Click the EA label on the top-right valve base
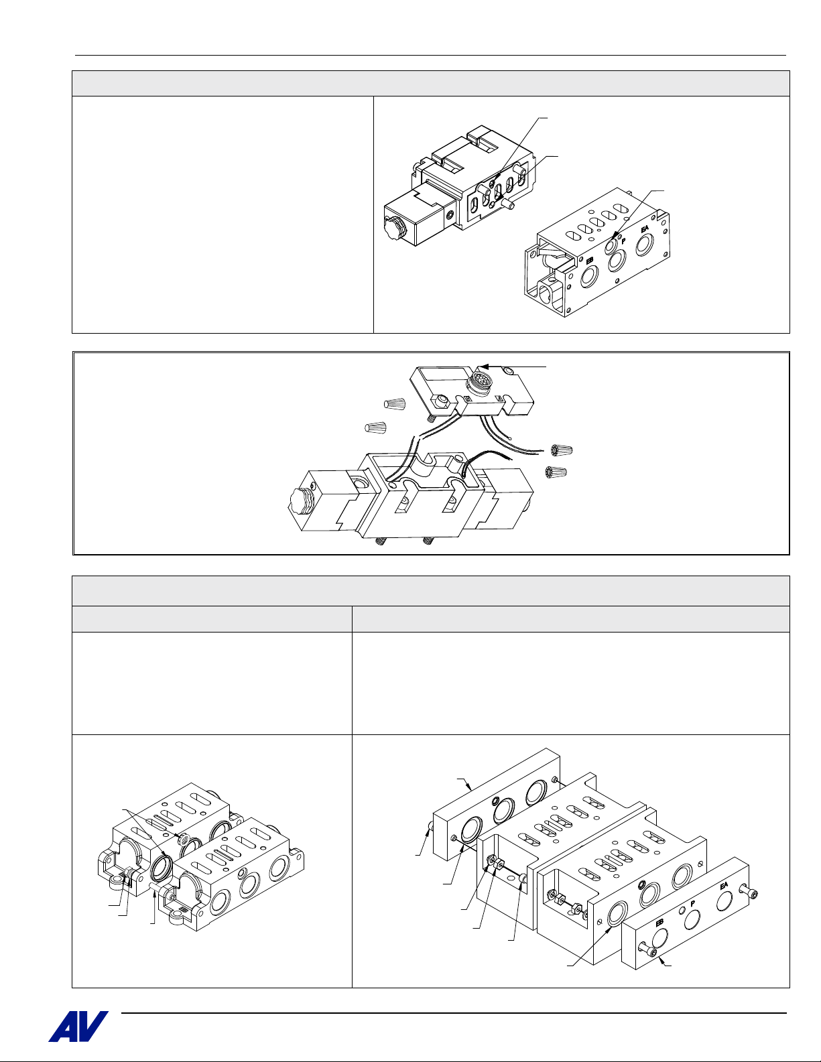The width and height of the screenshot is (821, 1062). (645, 228)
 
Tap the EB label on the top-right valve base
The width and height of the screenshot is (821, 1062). (590, 261)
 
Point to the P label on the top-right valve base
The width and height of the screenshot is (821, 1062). (623, 241)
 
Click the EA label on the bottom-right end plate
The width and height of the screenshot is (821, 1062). (724, 884)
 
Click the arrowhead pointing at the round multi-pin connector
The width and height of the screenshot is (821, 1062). (482, 366)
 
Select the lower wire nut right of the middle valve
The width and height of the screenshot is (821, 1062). (556, 472)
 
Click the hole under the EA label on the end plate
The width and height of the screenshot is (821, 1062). (724, 902)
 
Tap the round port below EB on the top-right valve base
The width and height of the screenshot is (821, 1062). (589, 277)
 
